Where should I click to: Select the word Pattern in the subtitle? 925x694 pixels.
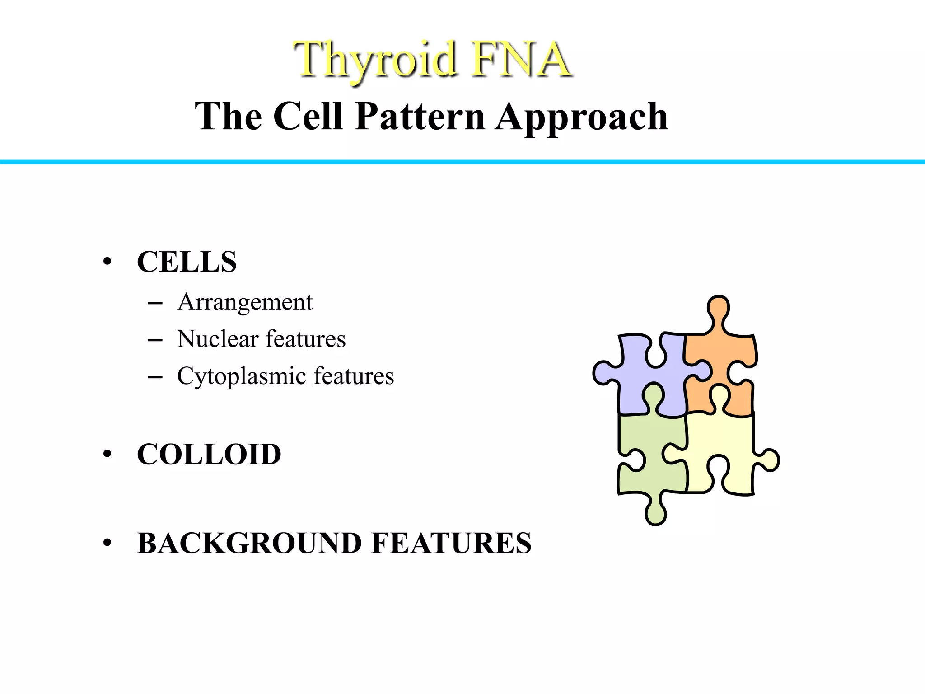pyautogui.click(x=420, y=117)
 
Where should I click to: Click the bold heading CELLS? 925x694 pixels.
pyautogui.click(x=187, y=262)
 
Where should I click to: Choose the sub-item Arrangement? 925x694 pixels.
pyautogui.click(x=245, y=302)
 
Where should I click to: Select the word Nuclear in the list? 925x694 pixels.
pyautogui.click(x=217, y=339)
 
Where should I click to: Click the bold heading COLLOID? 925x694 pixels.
pyautogui.click(x=209, y=454)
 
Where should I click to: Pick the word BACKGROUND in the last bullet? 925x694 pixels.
pyautogui.click(x=249, y=543)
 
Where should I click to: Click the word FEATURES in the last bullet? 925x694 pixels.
pyautogui.click(x=451, y=543)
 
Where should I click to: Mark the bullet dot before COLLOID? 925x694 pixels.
pyautogui.click(x=107, y=454)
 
